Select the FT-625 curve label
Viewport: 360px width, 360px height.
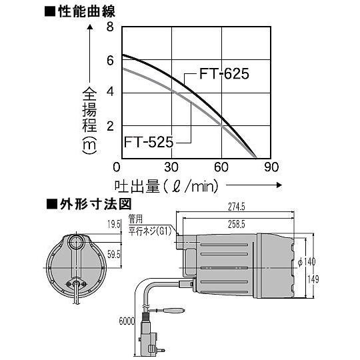[x=224, y=74]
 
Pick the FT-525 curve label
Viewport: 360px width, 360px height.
[x=148, y=142]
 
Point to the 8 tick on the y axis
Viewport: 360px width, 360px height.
[x=110, y=27]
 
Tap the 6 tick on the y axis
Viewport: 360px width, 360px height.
[x=110, y=61]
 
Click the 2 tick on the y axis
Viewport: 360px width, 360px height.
[x=110, y=125]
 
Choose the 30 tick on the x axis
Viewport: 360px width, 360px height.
[x=172, y=167]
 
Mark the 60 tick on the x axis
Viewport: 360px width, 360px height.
[x=222, y=167]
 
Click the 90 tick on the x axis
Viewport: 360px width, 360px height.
[x=270, y=167]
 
